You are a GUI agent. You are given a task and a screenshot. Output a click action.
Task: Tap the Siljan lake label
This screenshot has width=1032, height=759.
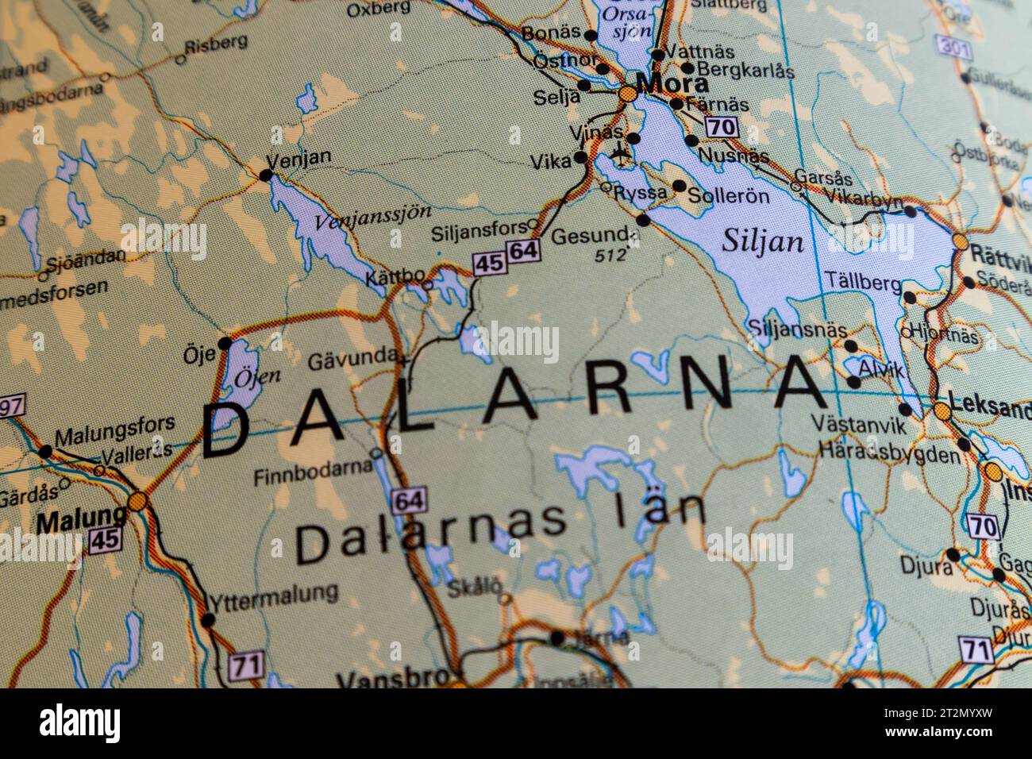coord(762,241)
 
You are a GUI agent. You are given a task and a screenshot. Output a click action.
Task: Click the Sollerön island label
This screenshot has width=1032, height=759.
coord(729,195)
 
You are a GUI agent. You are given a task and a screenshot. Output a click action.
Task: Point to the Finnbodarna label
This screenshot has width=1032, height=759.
coord(312,475)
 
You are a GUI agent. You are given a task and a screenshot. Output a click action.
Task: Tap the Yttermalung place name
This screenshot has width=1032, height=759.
coord(272,593)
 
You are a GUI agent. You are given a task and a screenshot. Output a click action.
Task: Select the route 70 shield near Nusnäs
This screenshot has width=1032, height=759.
coord(721,127)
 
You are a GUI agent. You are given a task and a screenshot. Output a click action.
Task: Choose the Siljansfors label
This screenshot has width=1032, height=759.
coord(479,233)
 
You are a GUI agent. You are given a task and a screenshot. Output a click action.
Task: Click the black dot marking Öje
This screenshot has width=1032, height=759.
coord(225,344)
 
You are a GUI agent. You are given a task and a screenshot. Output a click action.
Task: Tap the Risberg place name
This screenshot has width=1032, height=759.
coord(214,42)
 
